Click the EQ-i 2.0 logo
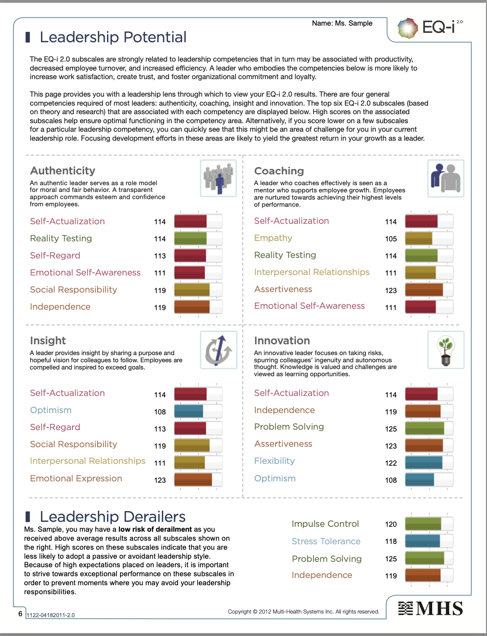pyautogui.click(x=429, y=28)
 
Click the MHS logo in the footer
pyautogui.click(x=430, y=609)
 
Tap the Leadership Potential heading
pyautogui.click(x=113, y=37)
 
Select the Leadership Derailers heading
pyautogui.click(x=112, y=517)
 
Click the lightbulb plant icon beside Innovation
pyautogui.click(x=446, y=350)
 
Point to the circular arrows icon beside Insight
pyautogui.click(x=219, y=350)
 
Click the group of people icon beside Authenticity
pyautogui.click(x=219, y=178)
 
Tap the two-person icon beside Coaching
pyautogui.click(x=446, y=178)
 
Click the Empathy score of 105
pyautogui.click(x=391, y=239)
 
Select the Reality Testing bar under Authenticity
pyautogui.click(x=198, y=238)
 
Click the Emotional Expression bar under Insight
pyautogui.click(x=198, y=479)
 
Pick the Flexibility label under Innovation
pyautogui.click(x=274, y=461)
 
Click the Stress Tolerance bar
pyautogui.click(x=429, y=541)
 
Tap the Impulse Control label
pyautogui.click(x=325, y=524)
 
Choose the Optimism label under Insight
pyautogui.click(x=51, y=410)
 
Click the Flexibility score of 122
pyautogui.click(x=391, y=463)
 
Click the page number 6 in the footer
pyautogui.click(x=20, y=614)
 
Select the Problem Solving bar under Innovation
pyautogui.click(x=429, y=428)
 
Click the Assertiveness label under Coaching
pyautogui.click(x=283, y=289)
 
